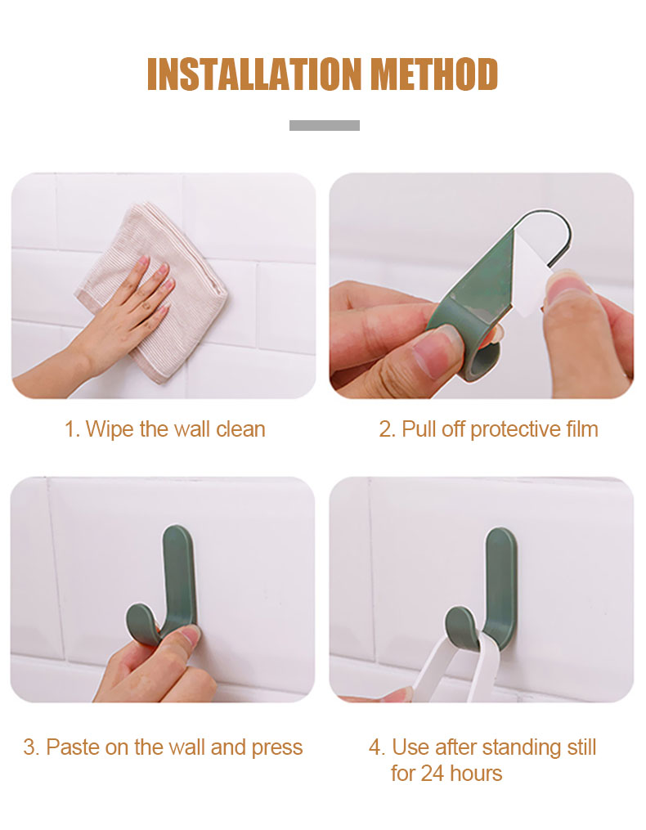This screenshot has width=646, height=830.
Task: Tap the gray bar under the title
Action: click(x=324, y=125)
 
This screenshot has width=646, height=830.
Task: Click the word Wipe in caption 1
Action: click(x=110, y=429)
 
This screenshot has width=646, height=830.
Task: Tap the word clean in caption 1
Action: click(x=240, y=428)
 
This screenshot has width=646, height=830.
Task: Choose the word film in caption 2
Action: click(x=582, y=428)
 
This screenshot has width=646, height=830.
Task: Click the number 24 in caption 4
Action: click(x=432, y=774)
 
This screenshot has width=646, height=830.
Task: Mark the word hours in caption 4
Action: click(x=475, y=774)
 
